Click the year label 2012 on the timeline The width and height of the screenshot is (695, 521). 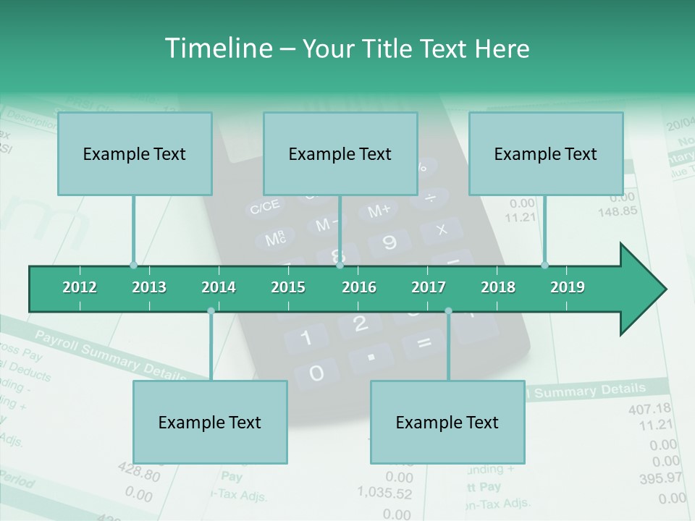(80, 287)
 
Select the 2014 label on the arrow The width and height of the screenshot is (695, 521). (219, 287)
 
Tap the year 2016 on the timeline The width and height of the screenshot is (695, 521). (359, 287)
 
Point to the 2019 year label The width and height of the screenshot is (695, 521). (568, 287)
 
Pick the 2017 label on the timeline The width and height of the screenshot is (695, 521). (429, 287)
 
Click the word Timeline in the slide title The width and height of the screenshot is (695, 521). (217, 48)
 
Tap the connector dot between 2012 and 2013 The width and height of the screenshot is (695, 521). (133, 265)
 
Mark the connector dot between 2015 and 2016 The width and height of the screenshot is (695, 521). (340, 265)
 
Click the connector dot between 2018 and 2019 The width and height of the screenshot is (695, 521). (544, 265)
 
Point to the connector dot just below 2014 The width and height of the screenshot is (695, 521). (211, 310)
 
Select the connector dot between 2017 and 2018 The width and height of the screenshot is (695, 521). (448, 310)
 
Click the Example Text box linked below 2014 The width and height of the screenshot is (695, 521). (210, 422)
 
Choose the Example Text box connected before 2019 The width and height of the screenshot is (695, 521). (546, 153)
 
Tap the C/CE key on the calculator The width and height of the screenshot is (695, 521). (264, 208)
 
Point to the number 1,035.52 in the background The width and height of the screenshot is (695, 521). (384, 494)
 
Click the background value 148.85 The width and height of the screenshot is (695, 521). (618, 211)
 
